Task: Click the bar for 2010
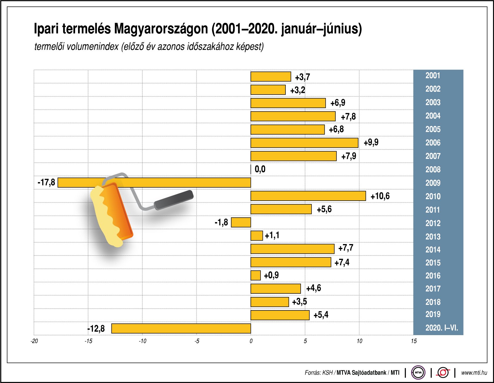[308, 196]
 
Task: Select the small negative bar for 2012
[241, 222]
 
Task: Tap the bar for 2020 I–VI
[181, 328]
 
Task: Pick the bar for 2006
[304, 143]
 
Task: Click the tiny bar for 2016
[256, 275]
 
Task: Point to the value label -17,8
[46, 182]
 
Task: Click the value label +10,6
[380, 196]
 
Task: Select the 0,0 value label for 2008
[260, 169]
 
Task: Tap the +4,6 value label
[313, 288]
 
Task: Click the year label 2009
[433, 183]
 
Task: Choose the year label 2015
[433, 263]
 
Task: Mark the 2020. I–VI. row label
[441, 328]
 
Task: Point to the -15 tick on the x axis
[88, 341]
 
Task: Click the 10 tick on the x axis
[359, 341]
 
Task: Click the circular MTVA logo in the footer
[418, 372]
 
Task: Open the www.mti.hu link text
[474, 372]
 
